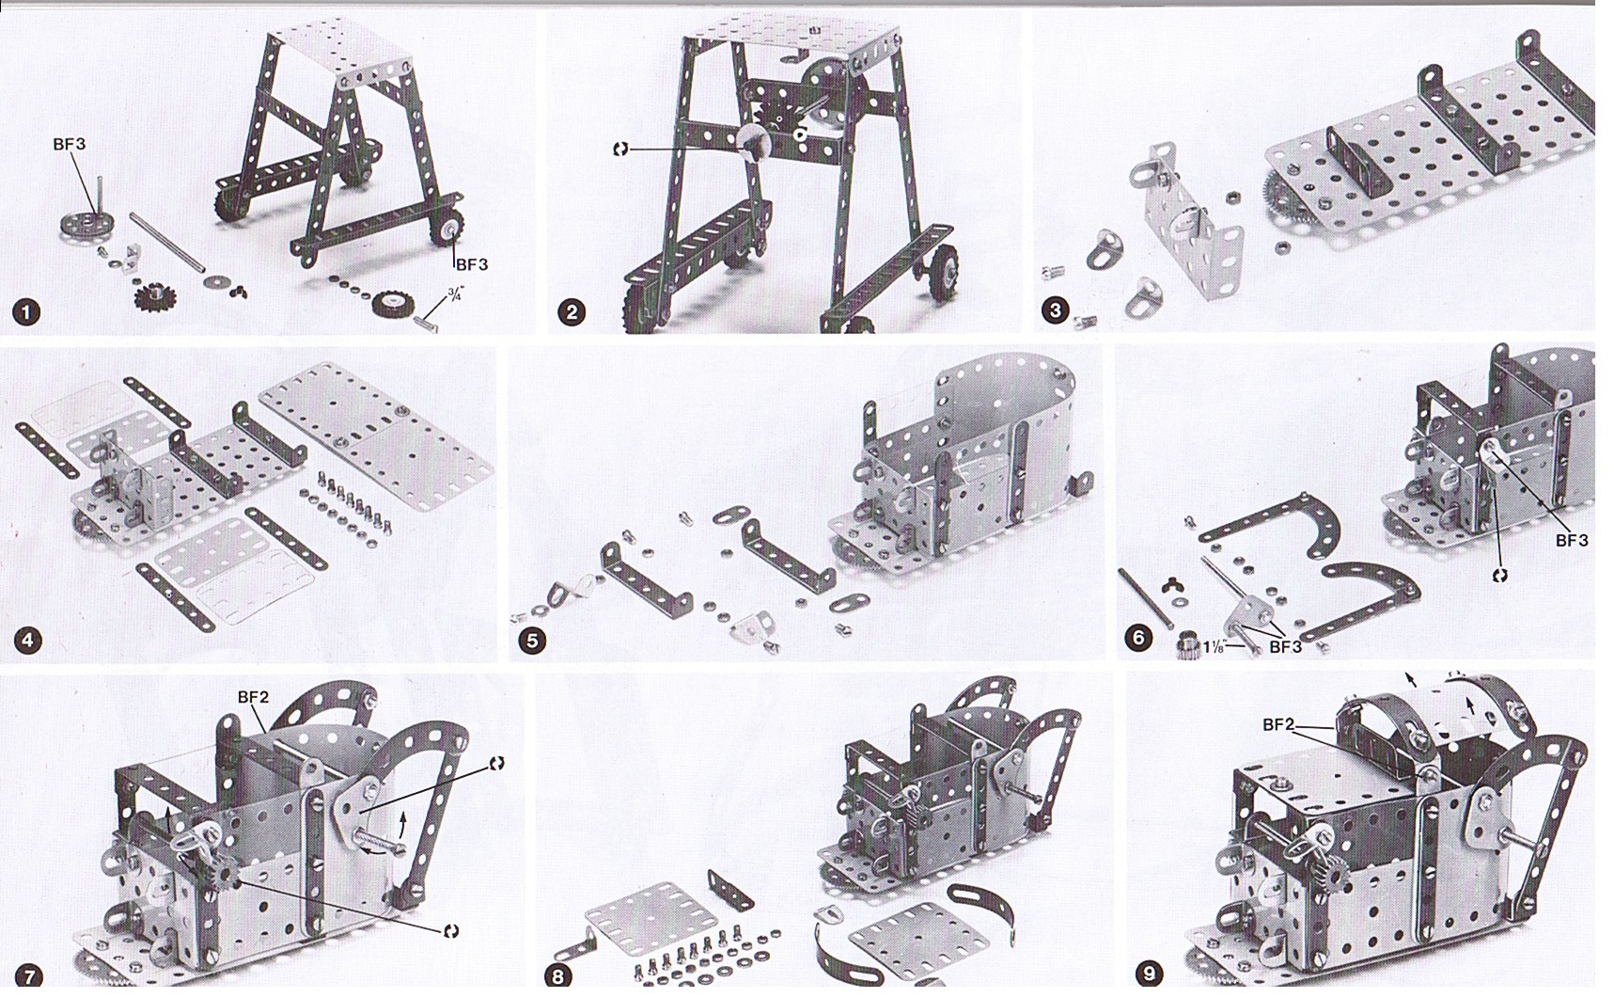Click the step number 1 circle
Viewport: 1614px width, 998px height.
[x=26, y=312]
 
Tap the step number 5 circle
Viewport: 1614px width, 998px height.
[x=533, y=642]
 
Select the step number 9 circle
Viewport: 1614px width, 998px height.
[x=1149, y=974]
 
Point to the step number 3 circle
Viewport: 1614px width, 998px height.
[x=1057, y=310]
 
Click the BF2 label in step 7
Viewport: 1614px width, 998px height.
[x=253, y=697]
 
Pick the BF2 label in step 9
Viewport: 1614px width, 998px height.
[x=1278, y=724]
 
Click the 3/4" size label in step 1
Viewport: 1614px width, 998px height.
[x=454, y=294]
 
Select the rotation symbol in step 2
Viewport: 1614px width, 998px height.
[x=620, y=149]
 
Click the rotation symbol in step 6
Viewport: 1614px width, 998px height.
[x=1500, y=575]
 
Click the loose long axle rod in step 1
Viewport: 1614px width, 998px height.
[x=166, y=243]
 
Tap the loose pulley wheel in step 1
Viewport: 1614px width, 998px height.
[x=83, y=226]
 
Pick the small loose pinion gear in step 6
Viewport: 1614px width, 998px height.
[x=1189, y=646]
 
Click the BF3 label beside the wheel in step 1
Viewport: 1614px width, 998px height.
[x=472, y=264]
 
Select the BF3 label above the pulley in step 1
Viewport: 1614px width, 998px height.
[x=70, y=144]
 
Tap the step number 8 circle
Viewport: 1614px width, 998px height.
[x=558, y=976]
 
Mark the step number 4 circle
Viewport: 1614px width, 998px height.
[x=27, y=642]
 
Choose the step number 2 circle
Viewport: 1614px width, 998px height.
[x=572, y=312]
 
